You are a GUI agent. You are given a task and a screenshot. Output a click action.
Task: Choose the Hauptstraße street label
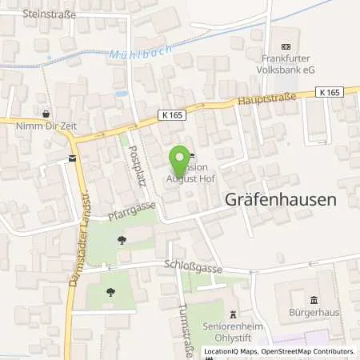(266, 98)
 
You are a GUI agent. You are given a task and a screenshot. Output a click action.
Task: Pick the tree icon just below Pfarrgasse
(122, 238)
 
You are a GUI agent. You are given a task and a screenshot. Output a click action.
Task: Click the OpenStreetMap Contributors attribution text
(309, 351)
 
